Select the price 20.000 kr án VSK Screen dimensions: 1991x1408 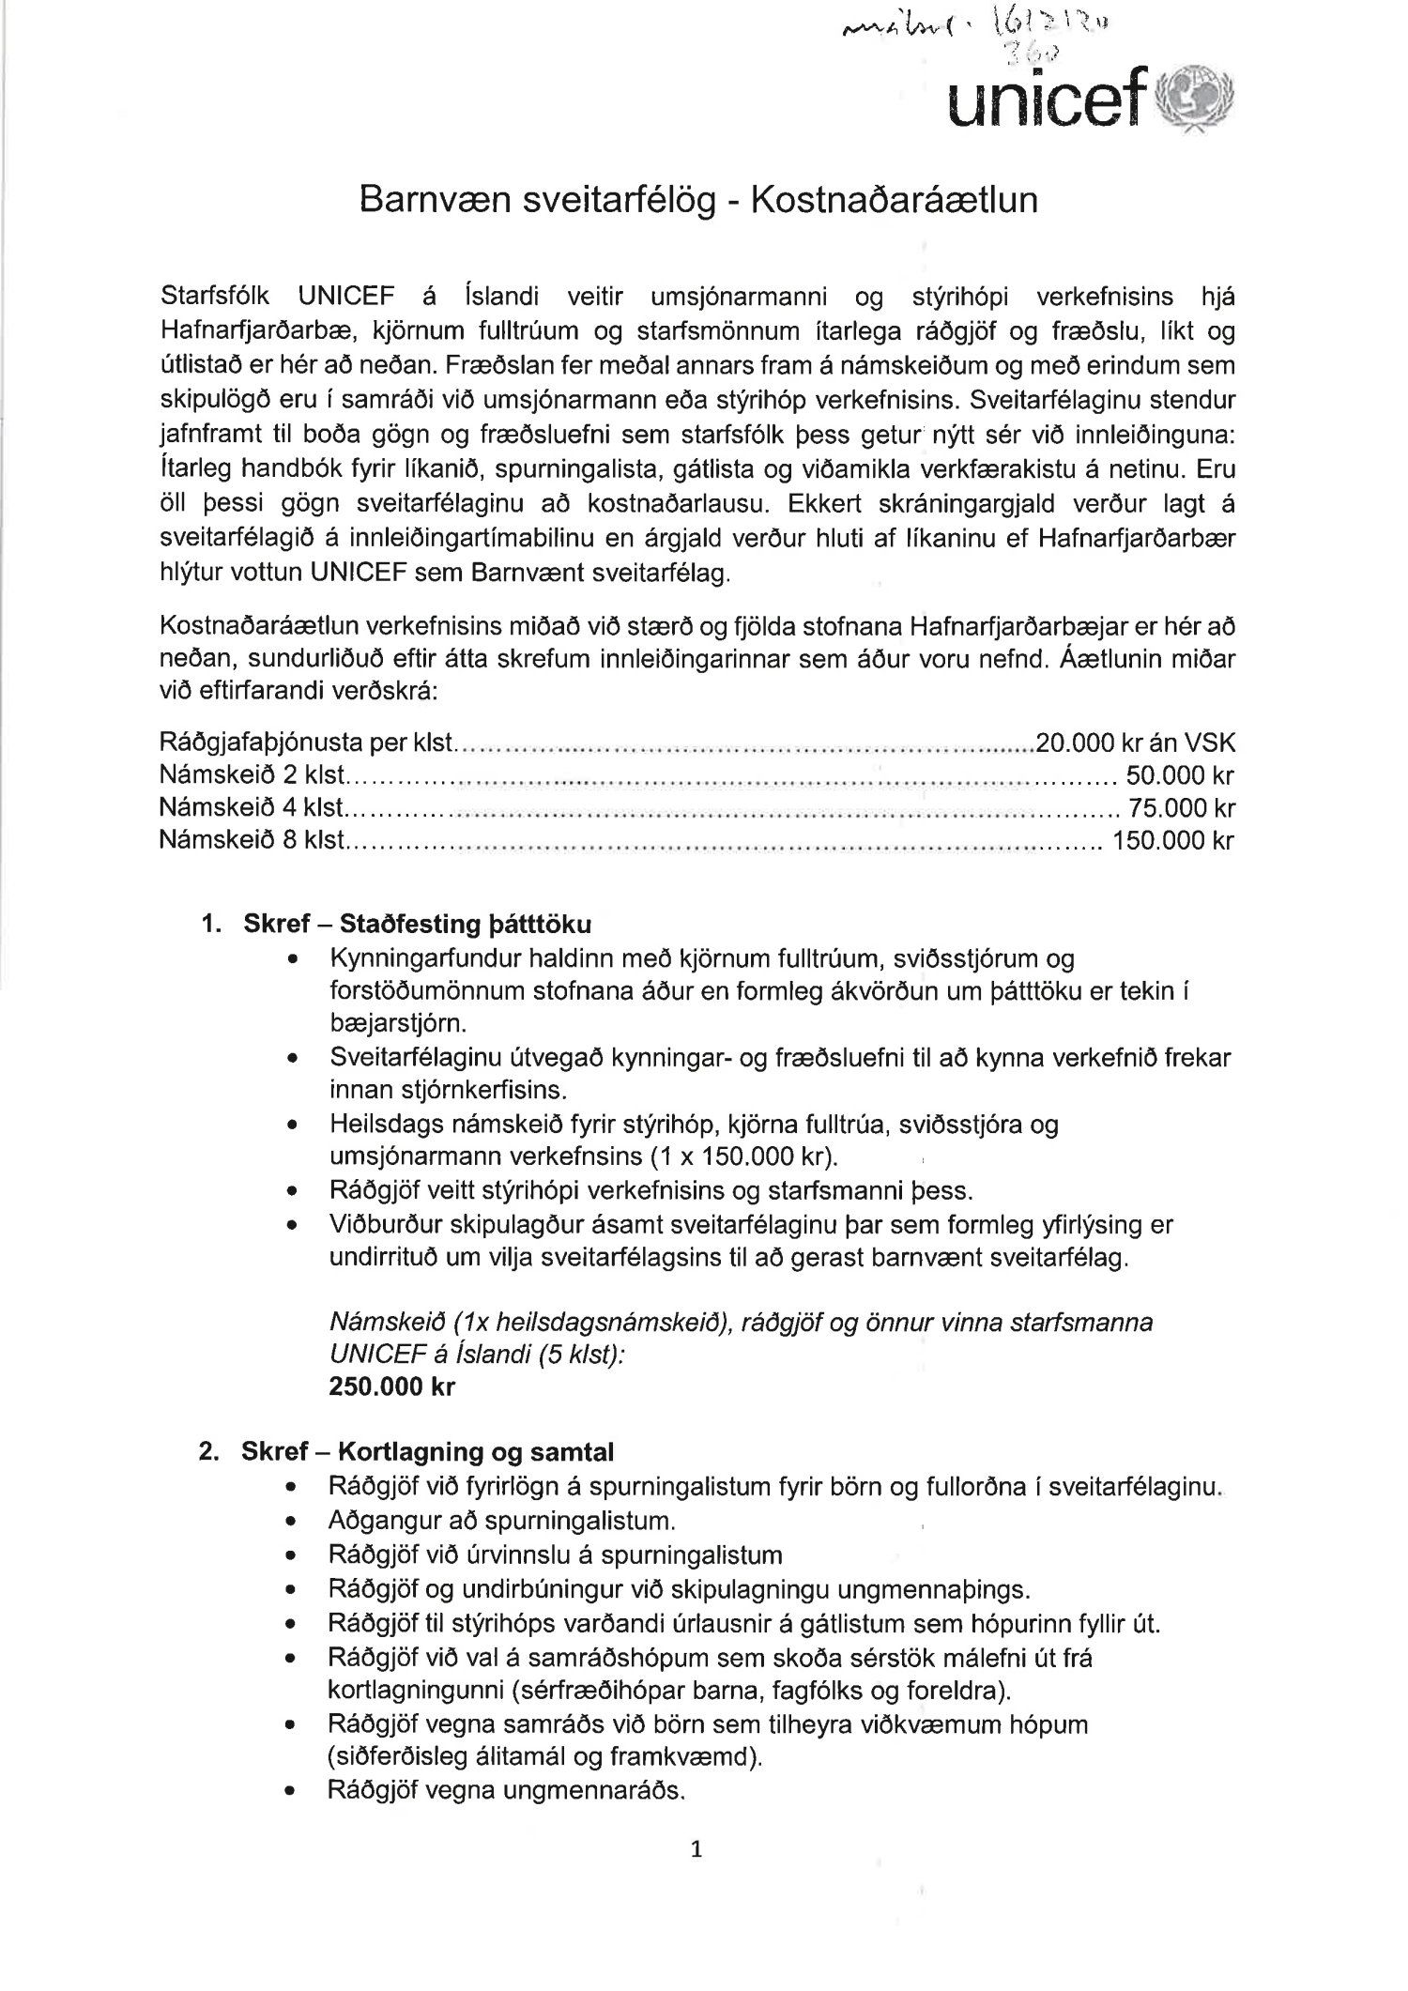(x=1134, y=743)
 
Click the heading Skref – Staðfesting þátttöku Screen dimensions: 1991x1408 (x=417, y=924)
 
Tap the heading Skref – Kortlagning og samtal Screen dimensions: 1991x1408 (x=427, y=1452)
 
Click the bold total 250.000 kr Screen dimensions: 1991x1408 (x=392, y=1386)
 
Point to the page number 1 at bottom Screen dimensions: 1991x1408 (x=696, y=1850)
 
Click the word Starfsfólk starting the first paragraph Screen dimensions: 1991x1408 (x=215, y=298)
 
